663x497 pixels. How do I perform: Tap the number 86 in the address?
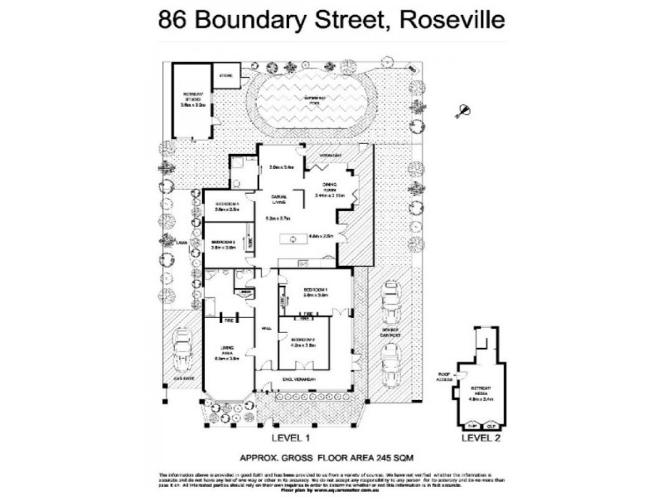175,18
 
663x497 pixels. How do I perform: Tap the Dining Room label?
322,188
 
